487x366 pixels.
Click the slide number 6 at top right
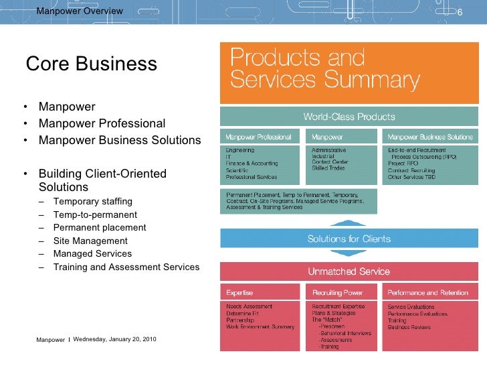point(460,11)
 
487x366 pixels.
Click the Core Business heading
point(91,64)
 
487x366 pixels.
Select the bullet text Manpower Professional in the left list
point(102,123)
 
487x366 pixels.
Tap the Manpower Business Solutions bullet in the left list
point(120,140)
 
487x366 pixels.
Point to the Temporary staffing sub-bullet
point(93,201)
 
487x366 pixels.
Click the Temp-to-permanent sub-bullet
point(95,215)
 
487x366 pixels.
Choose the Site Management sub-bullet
point(90,241)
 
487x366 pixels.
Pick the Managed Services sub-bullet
point(92,253)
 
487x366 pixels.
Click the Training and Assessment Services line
point(126,267)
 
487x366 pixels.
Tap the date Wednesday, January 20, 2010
point(115,339)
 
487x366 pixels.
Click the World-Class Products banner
point(349,117)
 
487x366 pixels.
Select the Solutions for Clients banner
point(349,239)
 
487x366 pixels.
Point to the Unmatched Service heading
point(349,272)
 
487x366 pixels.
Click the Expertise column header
point(239,293)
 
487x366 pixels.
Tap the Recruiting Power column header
point(337,293)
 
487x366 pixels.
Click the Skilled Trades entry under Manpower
point(328,168)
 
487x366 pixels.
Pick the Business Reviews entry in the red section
point(409,327)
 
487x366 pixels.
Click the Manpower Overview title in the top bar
point(79,11)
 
